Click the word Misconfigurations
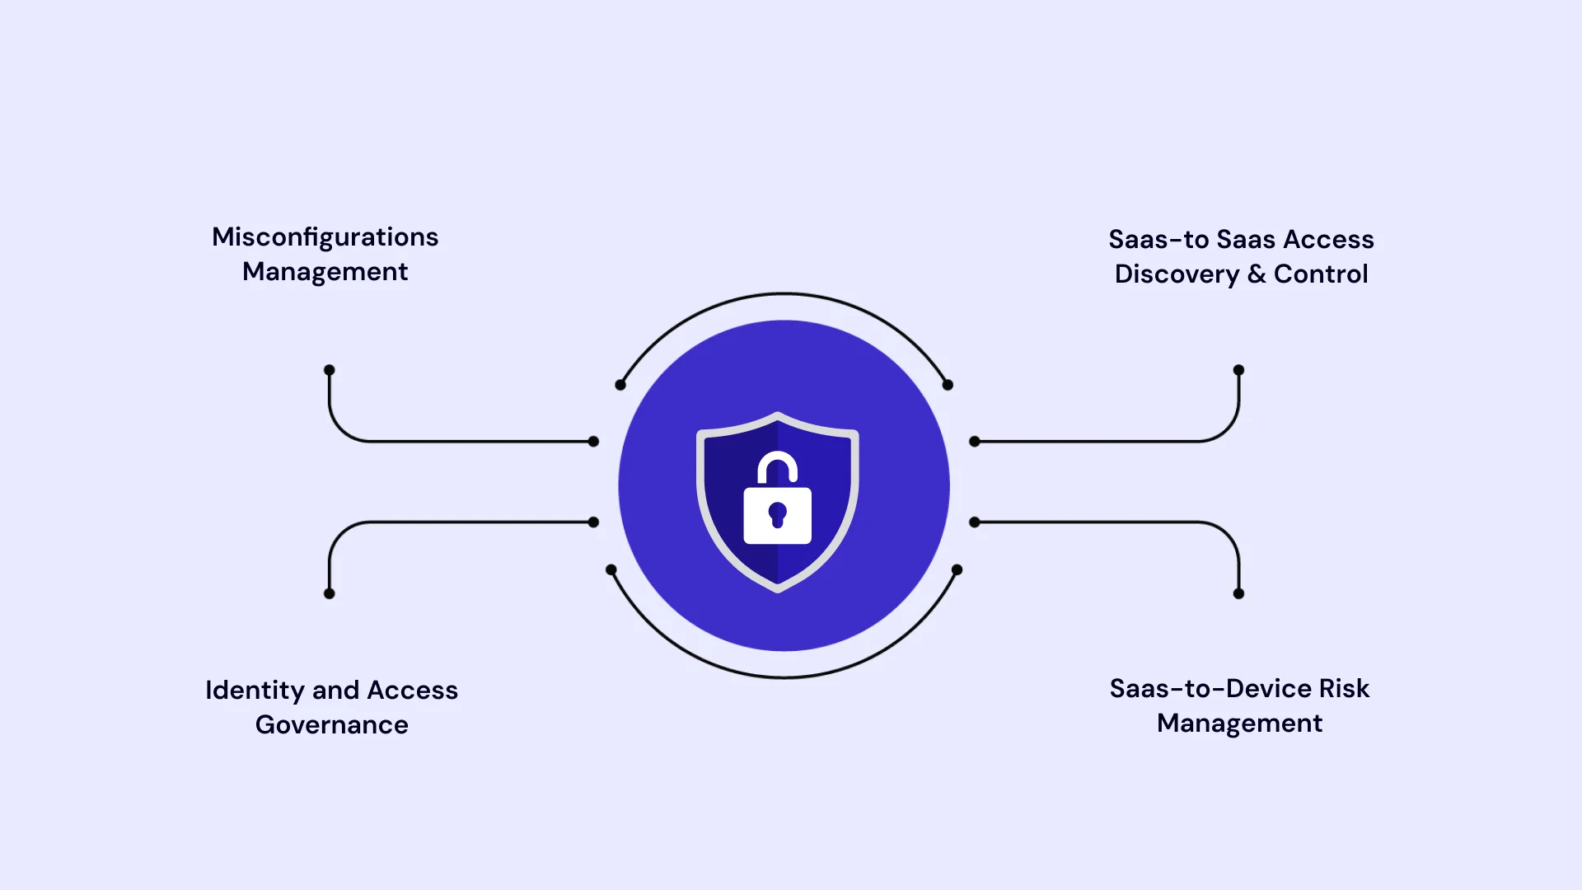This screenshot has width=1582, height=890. point(325,237)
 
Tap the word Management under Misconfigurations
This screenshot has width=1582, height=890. point(325,272)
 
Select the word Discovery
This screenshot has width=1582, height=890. point(1177,274)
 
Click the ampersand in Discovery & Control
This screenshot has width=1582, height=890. point(1257,274)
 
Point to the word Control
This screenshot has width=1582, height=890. point(1321,274)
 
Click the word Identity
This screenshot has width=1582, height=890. point(255,691)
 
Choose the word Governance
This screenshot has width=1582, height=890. point(332,725)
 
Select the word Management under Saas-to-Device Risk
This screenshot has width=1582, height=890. point(1240,724)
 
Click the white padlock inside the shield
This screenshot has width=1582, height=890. point(777,498)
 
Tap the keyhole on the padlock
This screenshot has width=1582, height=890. point(777,516)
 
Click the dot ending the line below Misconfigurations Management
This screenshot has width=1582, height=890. point(330,370)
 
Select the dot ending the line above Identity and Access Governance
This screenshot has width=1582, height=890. point(330,593)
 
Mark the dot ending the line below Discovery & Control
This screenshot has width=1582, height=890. point(1238,370)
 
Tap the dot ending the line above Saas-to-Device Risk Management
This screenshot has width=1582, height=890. point(1238,593)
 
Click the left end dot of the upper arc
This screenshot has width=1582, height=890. point(620,385)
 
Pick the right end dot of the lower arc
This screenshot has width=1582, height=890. point(957,569)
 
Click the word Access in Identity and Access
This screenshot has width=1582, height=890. point(412,691)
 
